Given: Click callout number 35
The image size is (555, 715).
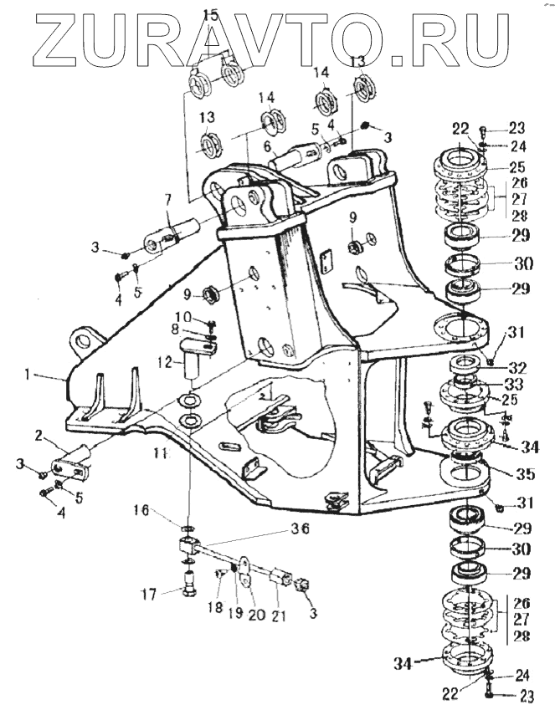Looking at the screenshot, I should [525, 474].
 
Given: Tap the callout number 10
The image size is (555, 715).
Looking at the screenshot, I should [182, 316].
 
